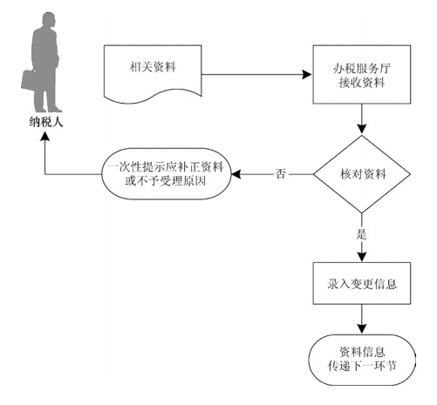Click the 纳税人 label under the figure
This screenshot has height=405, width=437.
[x=46, y=122]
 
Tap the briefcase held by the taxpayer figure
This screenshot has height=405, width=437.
[x=29, y=80]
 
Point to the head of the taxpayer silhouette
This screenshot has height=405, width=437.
[x=49, y=20]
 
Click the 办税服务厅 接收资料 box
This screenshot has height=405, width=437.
[x=362, y=74]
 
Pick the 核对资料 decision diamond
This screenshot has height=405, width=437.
[x=362, y=174]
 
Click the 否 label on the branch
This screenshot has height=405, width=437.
[x=281, y=173]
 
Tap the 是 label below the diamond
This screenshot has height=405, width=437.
[x=361, y=233]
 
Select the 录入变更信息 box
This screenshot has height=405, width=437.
[x=362, y=283]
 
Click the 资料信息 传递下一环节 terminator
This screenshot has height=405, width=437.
[x=362, y=360]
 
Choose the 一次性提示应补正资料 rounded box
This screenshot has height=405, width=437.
[x=167, y=174]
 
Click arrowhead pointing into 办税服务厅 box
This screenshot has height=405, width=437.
[x=307, y=75]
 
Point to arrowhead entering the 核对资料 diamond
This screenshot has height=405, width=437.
[x=362, y=130]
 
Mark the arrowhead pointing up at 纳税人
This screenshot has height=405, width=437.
[x=45, y=136]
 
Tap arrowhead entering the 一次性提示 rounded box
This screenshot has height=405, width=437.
[x=236, y=174]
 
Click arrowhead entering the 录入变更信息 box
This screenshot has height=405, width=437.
[x=362, y=257]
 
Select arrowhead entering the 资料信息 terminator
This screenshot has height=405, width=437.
[x=362, y=329]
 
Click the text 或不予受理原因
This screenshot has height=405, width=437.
[x=166, y=181]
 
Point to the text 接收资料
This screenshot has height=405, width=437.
[x=362, y=83]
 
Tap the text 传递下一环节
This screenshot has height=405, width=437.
[x=362, y=367]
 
